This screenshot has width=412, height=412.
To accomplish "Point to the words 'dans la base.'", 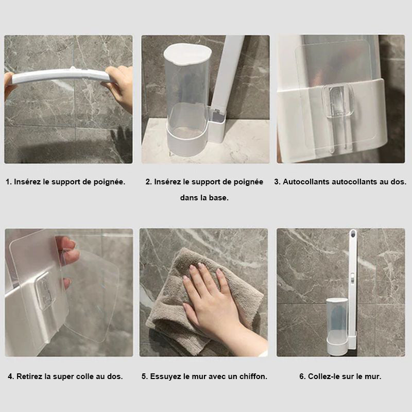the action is pos(204,198).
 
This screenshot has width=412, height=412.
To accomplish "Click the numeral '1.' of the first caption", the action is pos(9,182).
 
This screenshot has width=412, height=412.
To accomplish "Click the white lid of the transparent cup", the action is pos(187,54).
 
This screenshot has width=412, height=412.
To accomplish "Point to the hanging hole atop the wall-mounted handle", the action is pos(353,233).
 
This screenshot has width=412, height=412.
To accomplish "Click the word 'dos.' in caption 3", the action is pos(398,182).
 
